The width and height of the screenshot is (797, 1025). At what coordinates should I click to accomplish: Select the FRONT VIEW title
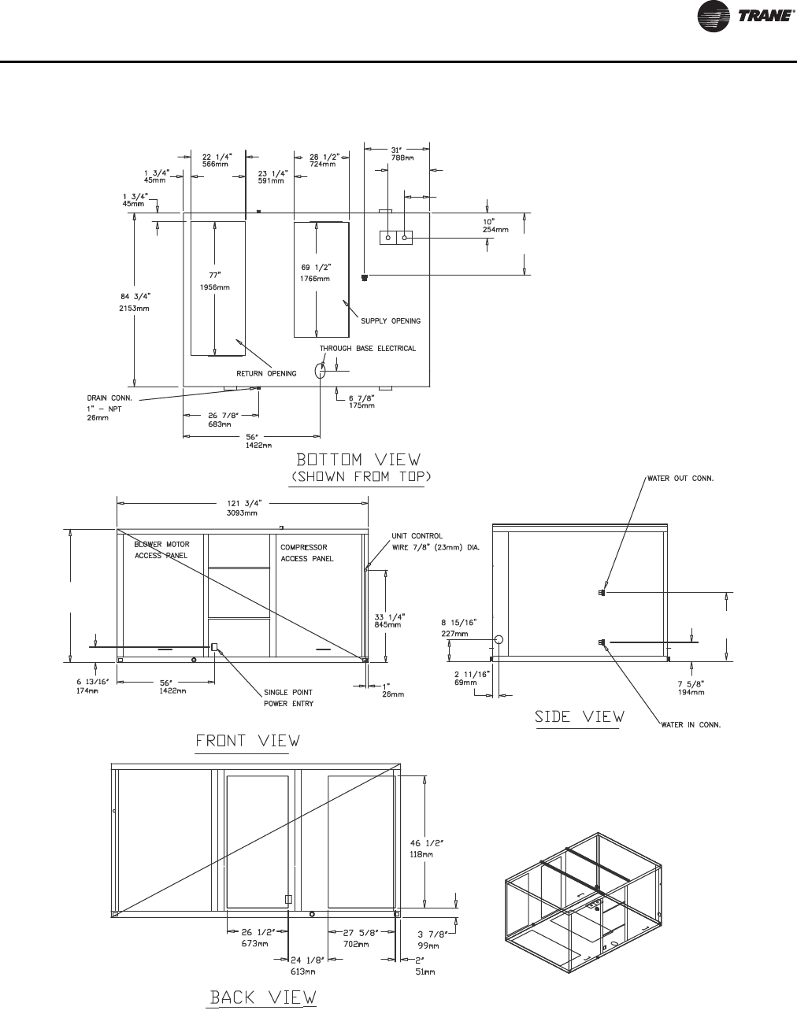tap(247, 741)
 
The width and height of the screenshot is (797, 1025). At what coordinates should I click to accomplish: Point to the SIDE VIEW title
tap(580, 716)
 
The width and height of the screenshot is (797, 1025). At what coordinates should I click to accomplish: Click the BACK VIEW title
tap(262, 997)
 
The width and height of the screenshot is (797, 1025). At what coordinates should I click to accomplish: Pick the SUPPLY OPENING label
tap(391, 321)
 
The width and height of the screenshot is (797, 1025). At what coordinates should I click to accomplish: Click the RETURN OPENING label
tap(267, 373)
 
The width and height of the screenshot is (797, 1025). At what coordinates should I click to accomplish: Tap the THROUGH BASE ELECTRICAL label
tap(367, 348)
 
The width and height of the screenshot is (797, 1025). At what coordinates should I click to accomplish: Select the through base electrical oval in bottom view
tap(321, 371)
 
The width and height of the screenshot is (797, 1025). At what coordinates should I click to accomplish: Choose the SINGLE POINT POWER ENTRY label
tap(288, 698)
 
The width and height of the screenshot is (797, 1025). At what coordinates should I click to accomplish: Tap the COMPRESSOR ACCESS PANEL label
tap(307, 553)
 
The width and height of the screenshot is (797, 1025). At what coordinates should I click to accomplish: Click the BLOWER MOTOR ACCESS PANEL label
tap(161, 550)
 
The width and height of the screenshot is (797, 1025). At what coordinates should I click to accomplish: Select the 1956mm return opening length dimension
tap(214, 287)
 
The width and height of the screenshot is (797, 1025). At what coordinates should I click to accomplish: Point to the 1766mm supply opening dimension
tap(315, 279)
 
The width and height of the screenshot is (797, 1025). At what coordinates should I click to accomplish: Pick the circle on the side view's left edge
tap(498, 639)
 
